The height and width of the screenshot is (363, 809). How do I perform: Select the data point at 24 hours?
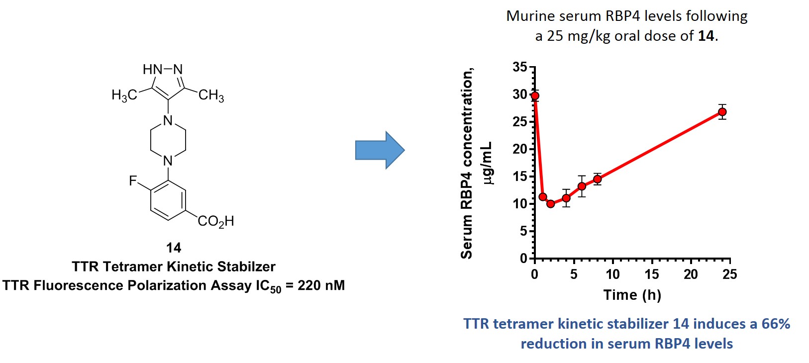[722, 112]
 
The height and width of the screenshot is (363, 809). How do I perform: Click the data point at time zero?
[535, 95]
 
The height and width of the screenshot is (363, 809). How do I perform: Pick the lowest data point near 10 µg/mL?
[550, 203]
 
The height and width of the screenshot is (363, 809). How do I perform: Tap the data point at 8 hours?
[597, 179]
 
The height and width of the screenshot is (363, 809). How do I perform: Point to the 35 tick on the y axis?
[520, 67]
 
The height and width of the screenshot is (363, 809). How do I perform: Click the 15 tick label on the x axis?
[652, 274]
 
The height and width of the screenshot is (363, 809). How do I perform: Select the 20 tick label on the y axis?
[520, 149]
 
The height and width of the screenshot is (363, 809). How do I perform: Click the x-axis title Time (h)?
[632, 295]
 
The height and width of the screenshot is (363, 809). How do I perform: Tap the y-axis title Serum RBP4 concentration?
[467, 164]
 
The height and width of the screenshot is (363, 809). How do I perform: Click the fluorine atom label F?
[132, 181]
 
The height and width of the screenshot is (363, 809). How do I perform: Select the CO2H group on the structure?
[215, 221]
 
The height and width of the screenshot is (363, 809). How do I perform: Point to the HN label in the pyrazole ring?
[152, 70]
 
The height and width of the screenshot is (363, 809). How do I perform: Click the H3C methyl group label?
[124, 95]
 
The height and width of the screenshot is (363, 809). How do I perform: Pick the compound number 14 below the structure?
[173, 248]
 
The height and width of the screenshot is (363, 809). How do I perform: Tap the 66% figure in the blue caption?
[776, 324]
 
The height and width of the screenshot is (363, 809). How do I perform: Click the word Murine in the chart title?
[530, 16]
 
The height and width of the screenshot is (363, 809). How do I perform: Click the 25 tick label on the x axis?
[729, 274]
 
